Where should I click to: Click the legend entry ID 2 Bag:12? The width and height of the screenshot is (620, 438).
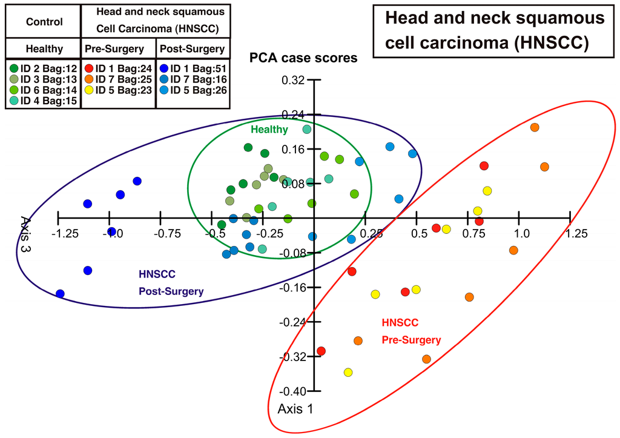point(41,68)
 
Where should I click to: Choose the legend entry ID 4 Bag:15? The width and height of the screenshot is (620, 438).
point(41,101)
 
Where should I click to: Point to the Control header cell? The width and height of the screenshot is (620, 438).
point(44,22)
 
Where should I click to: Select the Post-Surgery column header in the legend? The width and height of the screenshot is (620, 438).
point(191,49)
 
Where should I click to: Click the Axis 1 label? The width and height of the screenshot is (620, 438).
point(295,409)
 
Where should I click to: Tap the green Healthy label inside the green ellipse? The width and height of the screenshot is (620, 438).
point(269,129)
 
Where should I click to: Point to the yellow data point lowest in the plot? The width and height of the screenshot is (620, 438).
point(348,373)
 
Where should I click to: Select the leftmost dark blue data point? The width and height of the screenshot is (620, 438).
point(60,294)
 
